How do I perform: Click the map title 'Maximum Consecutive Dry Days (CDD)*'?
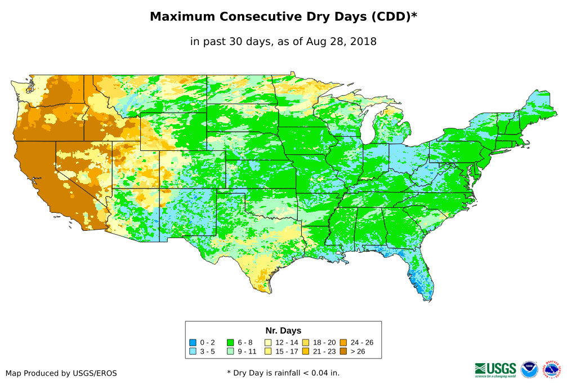point(283,17)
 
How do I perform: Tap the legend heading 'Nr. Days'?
point(283,330)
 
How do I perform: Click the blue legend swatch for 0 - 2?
point(193,342)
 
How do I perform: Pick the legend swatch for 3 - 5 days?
point(193,352)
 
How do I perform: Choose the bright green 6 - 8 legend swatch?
point(230,342)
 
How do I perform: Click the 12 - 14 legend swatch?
point(268,342)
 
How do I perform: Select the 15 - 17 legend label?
point(287,352)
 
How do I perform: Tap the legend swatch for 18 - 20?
point(306,342)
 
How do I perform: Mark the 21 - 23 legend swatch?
point(306,352)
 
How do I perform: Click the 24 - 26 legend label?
point(361,342)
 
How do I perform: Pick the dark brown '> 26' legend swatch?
point(343,352)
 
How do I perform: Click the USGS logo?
point(495,369)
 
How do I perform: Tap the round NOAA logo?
point(529,369)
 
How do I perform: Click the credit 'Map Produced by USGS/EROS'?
point(61,373)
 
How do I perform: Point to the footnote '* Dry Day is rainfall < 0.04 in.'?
point(283,373)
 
